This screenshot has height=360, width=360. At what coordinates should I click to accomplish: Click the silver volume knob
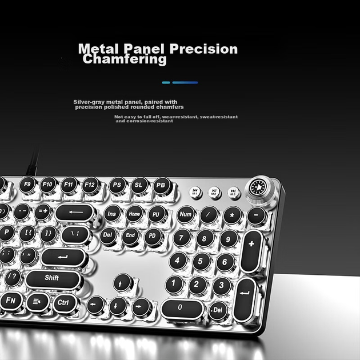259,189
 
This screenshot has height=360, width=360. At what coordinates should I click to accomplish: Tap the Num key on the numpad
185,214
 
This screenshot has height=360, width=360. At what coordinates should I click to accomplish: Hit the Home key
134,214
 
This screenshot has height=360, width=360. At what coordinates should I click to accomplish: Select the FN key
11,301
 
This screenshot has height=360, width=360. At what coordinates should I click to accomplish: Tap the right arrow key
139,306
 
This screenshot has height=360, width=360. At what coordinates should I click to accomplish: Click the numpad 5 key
201,261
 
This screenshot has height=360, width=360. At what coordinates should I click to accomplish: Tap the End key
130,235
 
